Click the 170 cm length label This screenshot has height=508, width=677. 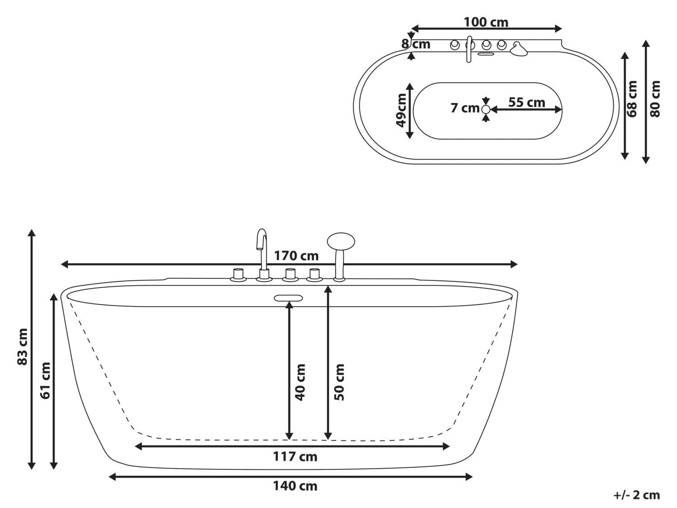point(296,256)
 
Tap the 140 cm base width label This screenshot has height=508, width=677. point(295,486)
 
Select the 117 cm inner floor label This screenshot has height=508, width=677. point(295,457)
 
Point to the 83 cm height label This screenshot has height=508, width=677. point(22,347)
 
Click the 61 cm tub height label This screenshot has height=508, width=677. point(45,380)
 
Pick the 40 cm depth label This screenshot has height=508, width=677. point(300,382)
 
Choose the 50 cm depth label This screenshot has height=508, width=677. point(339,382)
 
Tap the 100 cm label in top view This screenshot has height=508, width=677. point(486,22)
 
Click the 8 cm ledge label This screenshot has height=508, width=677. point(416,44)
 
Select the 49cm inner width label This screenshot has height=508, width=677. point(401,111)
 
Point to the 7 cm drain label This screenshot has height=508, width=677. point(464,108)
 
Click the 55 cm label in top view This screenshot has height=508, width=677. point(526,103)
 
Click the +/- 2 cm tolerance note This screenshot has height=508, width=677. point(636,495)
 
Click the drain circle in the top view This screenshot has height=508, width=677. point(486,109)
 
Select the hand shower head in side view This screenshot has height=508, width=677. point(341,241)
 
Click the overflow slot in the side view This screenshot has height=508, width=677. point(288,298)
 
